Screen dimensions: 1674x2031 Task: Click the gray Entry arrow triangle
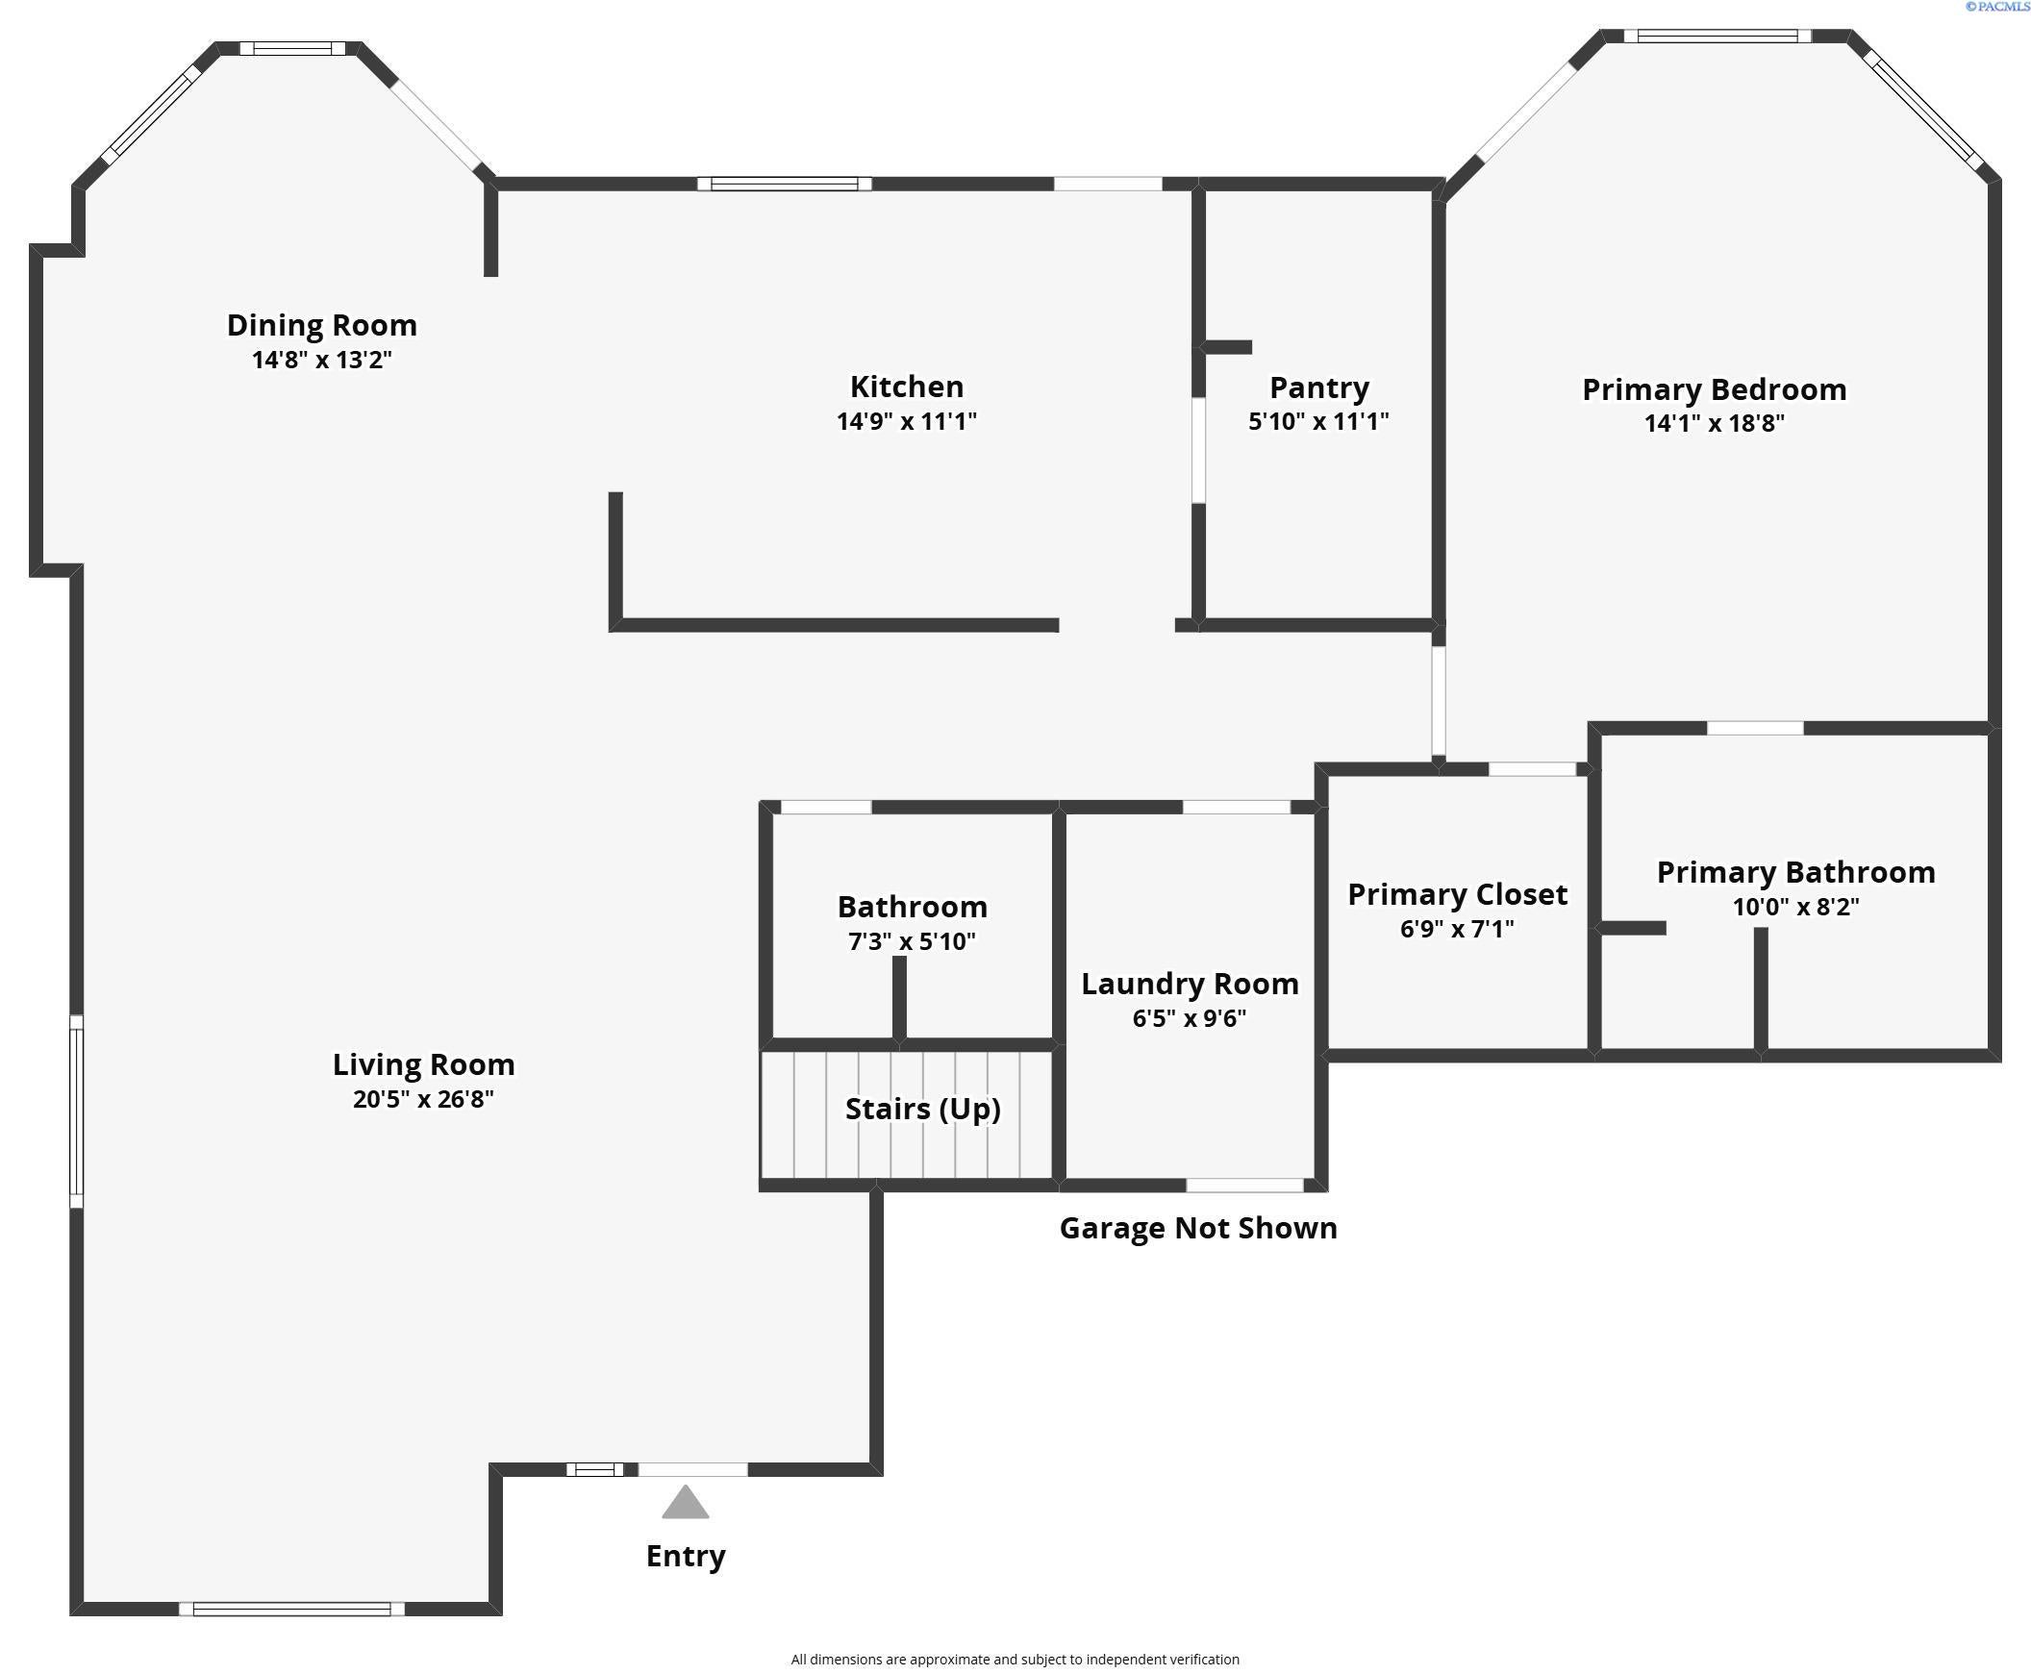(685, 1502)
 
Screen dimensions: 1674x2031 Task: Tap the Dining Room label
(321, 325)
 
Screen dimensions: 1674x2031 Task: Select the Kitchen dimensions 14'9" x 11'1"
(906, 421)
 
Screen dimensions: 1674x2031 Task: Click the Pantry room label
(1318, 387)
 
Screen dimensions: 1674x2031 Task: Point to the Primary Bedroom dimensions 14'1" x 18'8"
(1714, 423)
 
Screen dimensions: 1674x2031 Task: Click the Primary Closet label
(1456, 894)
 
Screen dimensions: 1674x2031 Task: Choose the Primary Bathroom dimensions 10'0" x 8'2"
(1794, 907)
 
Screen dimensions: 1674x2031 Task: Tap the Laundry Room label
(1190, 984)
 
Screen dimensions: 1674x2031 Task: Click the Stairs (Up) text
(922, 1109)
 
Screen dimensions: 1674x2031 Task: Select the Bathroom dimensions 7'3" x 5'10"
(912, 941)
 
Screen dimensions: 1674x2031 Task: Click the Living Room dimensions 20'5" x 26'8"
(422, 1099)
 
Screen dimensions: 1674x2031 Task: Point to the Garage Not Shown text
(1198, 1228)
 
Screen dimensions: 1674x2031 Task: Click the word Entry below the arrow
(685, 1556)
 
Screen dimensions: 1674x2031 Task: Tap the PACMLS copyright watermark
(1996, 7)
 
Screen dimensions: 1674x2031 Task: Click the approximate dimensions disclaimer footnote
(1015, 1659)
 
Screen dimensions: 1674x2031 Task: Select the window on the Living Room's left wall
(76, 1110)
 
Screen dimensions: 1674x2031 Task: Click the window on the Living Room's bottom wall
(291, 1609)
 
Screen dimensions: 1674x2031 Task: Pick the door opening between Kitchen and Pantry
(1198, 450)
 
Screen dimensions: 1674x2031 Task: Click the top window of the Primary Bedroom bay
(1717, 37)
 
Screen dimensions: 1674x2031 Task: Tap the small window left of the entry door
(594, 1469)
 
